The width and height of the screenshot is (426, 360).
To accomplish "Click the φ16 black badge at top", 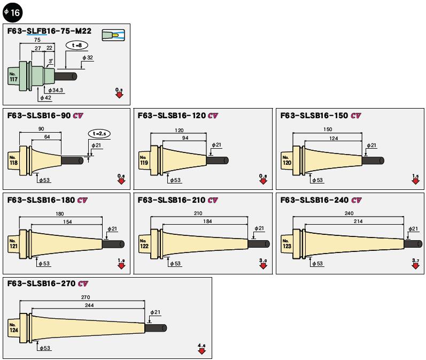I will [x=12, y=11].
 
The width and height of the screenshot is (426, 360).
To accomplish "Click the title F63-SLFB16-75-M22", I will [x=49, y=31].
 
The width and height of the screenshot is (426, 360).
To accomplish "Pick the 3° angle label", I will [x=51, y=62].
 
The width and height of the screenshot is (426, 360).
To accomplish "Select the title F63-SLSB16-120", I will [x=172, y=116].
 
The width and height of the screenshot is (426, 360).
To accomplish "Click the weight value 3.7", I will [x=416, y=259].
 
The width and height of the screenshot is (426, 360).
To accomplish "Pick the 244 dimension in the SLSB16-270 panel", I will [x=88, y=305].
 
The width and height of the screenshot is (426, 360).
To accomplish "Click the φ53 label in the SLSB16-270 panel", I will [x=46, y=348].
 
